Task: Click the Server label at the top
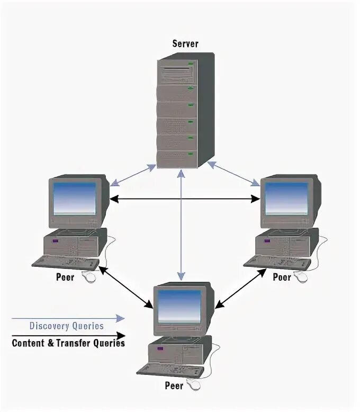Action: pyautogui.click(x=185, y=43)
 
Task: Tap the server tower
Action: pyautogui.click(x=183, y=111)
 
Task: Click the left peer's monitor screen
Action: pyautogui.click(x=75, y=199)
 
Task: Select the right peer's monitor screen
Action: pyautogui.click(x=286, y=199)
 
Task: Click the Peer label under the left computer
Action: pyautogui.click(x=65, y=276)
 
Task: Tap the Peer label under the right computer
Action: pyautogui.click(x=282, y=276)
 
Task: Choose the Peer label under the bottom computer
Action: pyautogui.click(x=174, y=386)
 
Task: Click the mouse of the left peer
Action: pyautogui.click(x=91, y=277)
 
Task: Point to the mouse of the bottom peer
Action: pyautogui.click(x=196, y=386)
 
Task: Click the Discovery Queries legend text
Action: pyautogui.click(x=66, y=326)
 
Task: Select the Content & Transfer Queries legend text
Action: pyautogui.click(x=68, y=343)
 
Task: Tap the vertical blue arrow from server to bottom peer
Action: pyautogui.click(x=181, y=222)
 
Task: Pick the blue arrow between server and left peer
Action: pyautogui.click(x=133, y=175)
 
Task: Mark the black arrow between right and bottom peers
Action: pyautogui.click(x=241, y=288)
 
